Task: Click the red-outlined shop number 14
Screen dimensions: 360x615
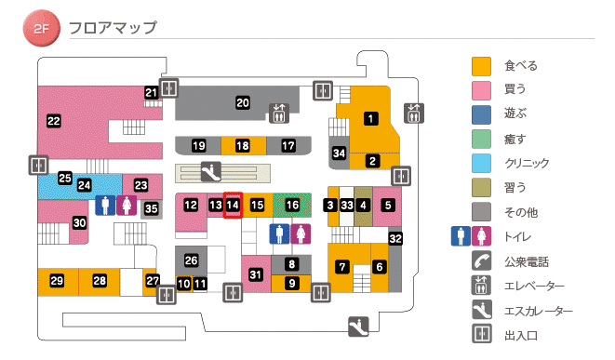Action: click(x=234, y=204)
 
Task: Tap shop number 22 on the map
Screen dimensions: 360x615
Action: click(x=54, y=120)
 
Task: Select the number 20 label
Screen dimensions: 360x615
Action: click(x=243, y=102)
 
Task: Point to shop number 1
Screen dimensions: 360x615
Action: click(x=370, y=118)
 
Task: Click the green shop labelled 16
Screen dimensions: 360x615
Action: click(x=292, y=204)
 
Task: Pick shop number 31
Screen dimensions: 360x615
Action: click(x=256, y=273)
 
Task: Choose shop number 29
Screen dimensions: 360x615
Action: click(x=57, y=280)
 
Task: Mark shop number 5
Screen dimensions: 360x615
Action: click(x=387, y=204)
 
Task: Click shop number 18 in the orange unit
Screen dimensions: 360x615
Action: click(x=243, y=146)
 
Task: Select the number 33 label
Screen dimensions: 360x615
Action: click(x=347, y=204)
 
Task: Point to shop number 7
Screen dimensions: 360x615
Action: click(x=342, y=267)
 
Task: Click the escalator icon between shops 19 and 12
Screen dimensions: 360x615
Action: click(x=211, y=171)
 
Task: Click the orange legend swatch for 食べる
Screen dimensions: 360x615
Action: click(x=481, y=66)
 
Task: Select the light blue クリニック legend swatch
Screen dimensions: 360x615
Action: click(x=481, y=163)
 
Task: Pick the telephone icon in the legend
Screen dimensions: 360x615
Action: click(x=481, y=260)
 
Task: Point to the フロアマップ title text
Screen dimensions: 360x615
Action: click(x=113, y=27)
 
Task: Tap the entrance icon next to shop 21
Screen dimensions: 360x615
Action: click(x=168, y=89)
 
